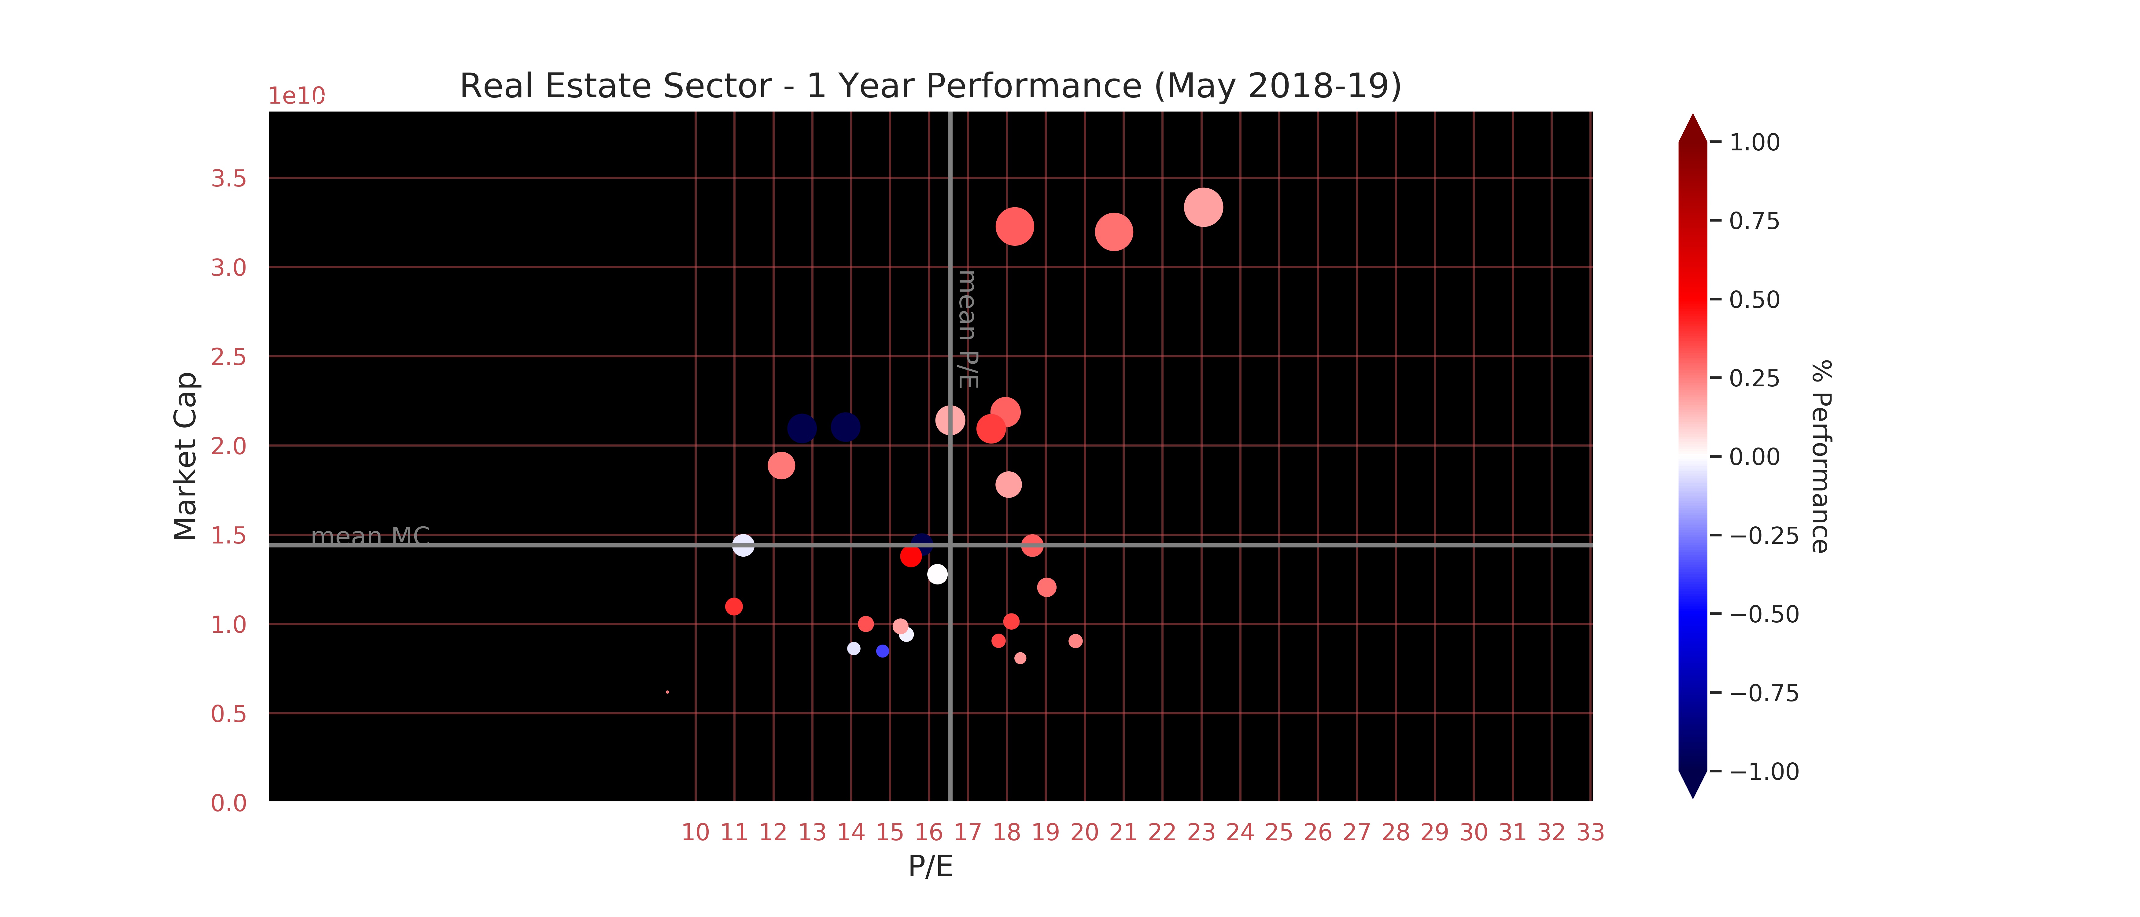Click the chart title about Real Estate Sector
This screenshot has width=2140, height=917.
[930, 86]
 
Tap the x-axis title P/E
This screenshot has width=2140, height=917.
[930, 866]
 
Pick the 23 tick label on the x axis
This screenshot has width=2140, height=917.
[1201, 832]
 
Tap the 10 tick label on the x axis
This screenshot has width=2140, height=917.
[695, 832]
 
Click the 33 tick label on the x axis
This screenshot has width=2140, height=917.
[1590, 832]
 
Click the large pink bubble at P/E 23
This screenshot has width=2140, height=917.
[1203, 207]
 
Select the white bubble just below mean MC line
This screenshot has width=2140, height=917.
[937, 574]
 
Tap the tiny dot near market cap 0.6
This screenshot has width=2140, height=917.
[667, 692]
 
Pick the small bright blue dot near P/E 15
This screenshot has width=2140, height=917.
[882, 651]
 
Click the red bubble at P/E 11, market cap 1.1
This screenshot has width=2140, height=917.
[733, 606]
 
